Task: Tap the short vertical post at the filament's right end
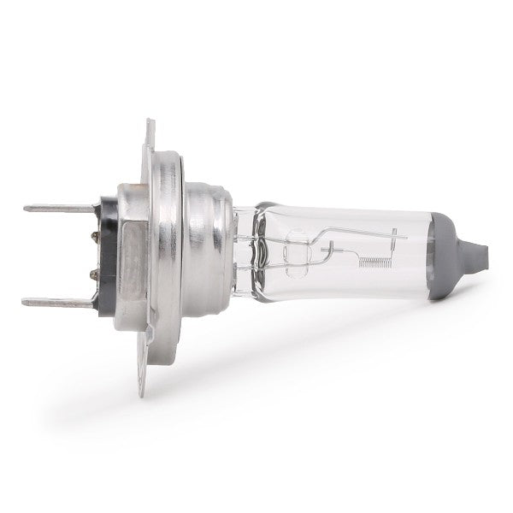[x=393, y=248]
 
